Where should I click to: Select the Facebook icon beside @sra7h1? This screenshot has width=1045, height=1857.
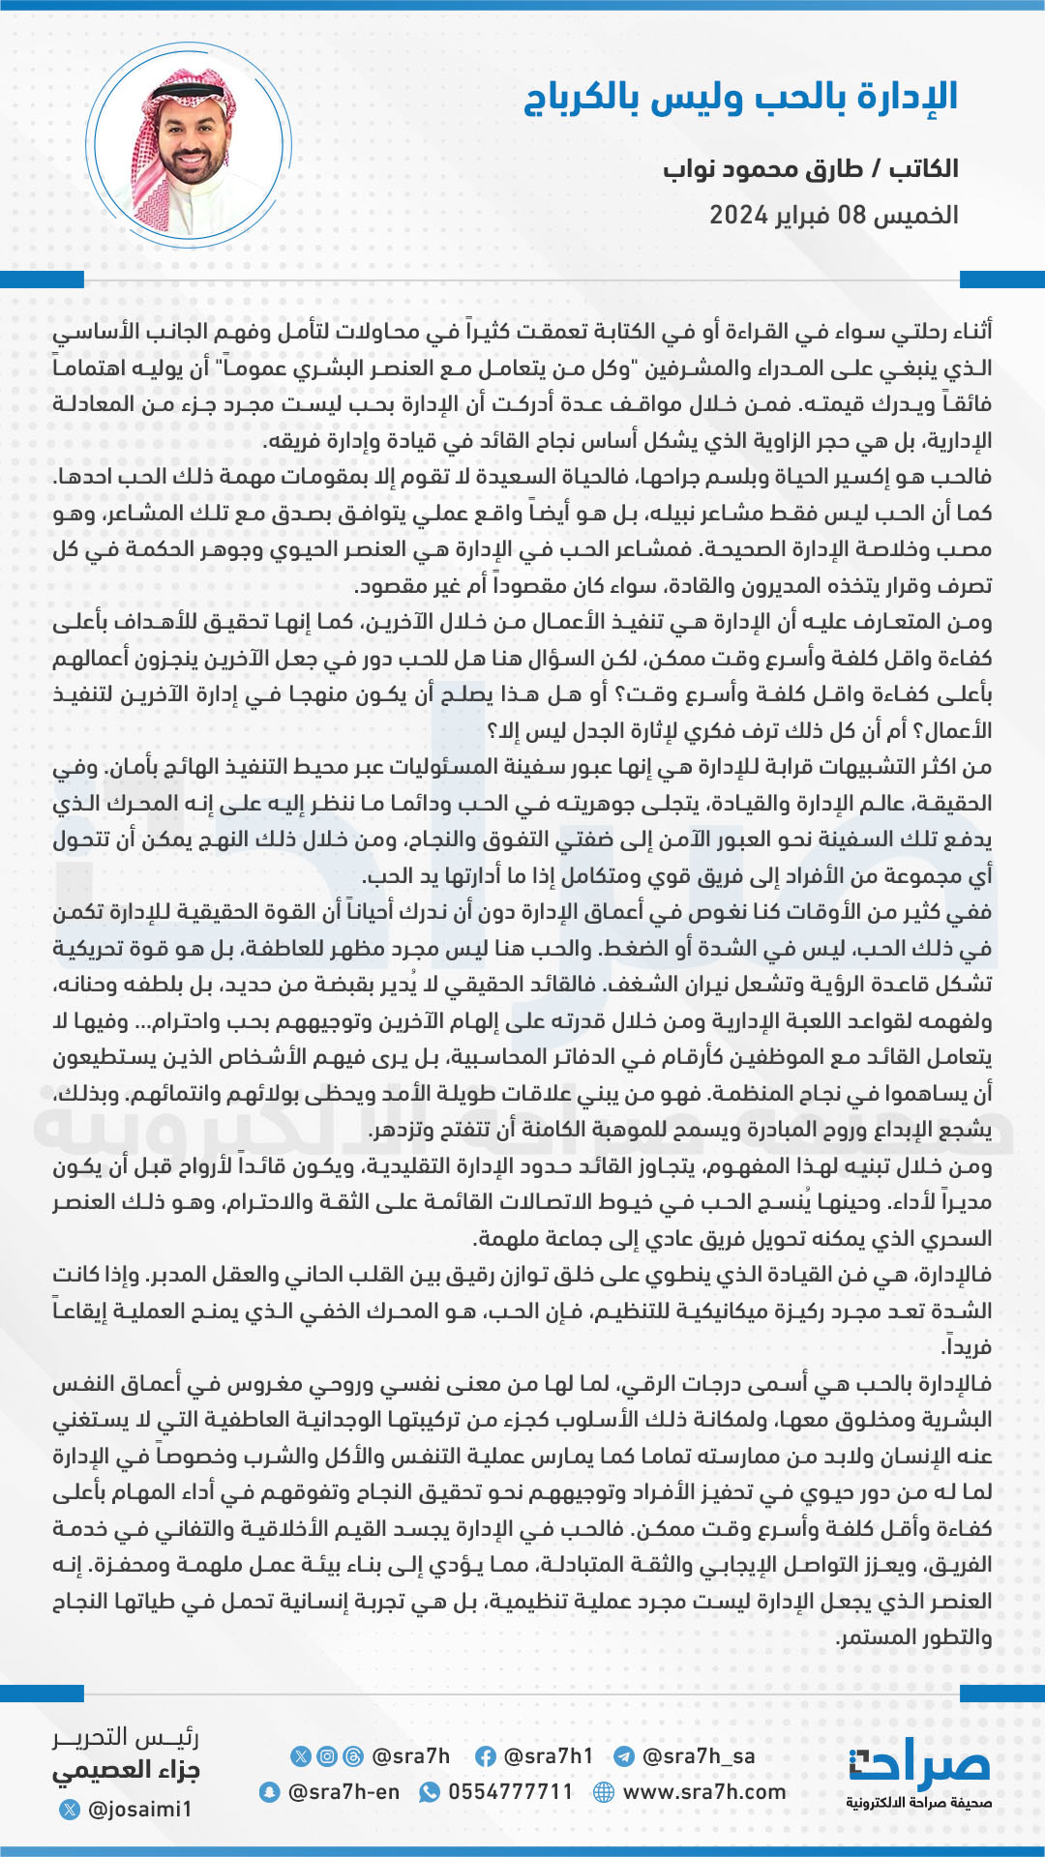pos(486,1756)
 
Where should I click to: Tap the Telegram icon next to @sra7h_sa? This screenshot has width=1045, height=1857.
pos(624,1756)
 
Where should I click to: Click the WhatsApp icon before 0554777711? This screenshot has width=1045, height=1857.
pos(429,1792)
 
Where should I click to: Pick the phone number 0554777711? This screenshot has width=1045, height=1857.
pos(511,1792)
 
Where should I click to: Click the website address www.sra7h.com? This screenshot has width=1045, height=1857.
pos(704,1792)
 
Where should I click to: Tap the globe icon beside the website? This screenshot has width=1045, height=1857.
pos(604,1792)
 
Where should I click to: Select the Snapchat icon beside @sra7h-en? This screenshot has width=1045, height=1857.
pos(269,1792)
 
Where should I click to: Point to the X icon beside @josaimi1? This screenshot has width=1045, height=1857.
pos(70,1809)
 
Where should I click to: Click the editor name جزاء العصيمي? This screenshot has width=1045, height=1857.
pos(127,1771)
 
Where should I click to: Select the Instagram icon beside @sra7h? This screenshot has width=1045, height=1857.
pos(327,1756)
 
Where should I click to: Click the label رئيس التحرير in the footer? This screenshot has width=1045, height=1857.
pos(126,1738)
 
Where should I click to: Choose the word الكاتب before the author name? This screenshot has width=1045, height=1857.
pos(924,169)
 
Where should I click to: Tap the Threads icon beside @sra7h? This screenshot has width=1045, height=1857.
pos(353,1756)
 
